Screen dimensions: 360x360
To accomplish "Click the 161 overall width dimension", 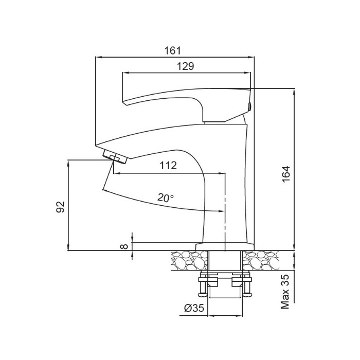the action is [173, 50].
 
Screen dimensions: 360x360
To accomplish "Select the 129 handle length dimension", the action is [186, 66].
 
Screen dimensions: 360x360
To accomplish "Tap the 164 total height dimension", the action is [286, 174].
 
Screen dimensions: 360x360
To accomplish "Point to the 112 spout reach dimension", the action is [168, 165].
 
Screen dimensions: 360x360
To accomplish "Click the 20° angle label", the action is [166, 197].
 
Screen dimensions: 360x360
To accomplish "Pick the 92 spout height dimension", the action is [61, 207].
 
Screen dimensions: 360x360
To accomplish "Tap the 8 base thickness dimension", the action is [124, 246].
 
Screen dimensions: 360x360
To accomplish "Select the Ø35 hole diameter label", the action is [194, 308].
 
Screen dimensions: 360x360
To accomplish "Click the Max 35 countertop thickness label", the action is [285, 292].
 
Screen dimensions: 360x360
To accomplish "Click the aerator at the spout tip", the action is [115, 157].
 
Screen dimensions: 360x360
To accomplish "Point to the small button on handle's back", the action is [250, 106].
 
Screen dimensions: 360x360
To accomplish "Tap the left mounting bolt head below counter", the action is [203, 294].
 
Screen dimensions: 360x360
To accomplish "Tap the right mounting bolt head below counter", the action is [248, 294].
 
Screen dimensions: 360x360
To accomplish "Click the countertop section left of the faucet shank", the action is [189, 260].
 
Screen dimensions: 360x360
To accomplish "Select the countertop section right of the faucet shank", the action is [261, 260].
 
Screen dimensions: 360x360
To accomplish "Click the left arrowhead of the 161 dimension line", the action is [98, 57].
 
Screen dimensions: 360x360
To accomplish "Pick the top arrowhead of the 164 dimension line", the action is [294, 92].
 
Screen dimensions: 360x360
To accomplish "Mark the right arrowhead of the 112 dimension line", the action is [222, 173].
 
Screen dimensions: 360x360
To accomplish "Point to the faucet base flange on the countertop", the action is [225, 246].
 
